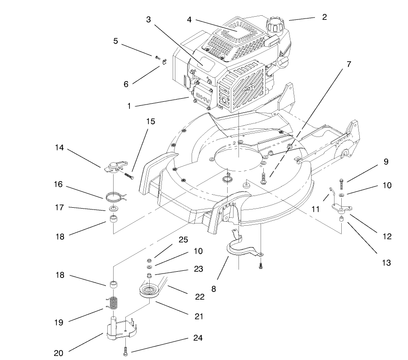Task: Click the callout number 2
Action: coord(324,17)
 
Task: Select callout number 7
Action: coord(348,64)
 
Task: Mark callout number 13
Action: coord(385,262)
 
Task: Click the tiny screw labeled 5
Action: coord(157,58)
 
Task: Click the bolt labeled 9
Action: coord(342,183)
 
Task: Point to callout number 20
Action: coord(58,353)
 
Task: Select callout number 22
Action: coord(199,296)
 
